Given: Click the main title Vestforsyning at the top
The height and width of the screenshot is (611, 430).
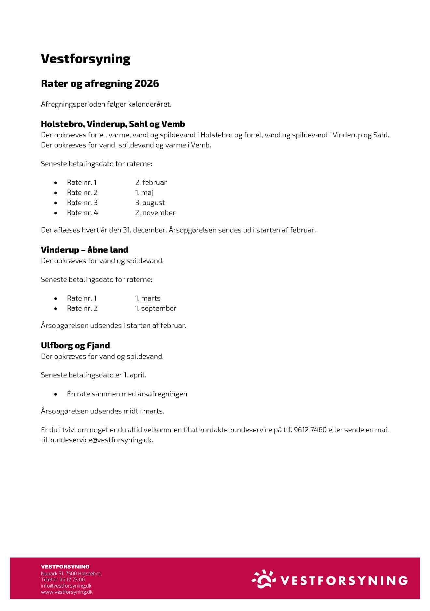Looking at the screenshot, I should click(86, 59).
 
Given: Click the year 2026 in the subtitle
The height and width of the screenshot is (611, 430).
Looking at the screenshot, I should click(147, 84).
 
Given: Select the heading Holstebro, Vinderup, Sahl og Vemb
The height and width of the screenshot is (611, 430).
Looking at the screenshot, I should click(113, 124).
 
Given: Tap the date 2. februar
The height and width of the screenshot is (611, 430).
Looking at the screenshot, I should click(151, 183).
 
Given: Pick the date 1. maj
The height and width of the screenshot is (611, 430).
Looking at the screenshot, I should click(144, 193).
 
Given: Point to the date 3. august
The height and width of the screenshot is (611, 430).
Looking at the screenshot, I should click(150, 203).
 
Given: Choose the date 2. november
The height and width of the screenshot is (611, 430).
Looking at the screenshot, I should click(155, 213).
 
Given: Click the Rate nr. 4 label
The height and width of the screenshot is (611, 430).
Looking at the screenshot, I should click(82, 213).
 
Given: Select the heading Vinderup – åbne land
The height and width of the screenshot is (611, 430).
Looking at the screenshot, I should click(85, 250).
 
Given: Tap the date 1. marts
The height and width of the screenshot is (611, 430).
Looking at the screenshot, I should click(148, 298).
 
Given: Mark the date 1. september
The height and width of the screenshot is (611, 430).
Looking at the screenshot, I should click(156, 309).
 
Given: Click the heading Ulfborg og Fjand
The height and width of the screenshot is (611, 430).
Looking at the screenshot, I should click(75, 346).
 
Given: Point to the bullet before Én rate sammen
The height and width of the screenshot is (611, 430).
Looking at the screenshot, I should click(56, 394).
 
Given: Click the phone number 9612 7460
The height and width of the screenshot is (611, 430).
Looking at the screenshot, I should click(310, 430).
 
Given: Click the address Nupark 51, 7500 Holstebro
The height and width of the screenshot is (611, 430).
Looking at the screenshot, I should click(71, 573).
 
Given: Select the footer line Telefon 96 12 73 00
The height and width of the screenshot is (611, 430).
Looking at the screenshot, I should click(63, 580).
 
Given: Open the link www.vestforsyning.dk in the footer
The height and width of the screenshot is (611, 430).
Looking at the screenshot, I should click(67, 592).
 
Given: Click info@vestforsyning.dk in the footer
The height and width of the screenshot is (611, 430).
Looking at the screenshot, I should click(66, 586).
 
